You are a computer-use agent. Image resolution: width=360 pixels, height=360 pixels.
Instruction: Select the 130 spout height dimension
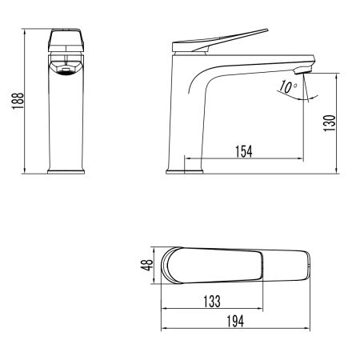329,123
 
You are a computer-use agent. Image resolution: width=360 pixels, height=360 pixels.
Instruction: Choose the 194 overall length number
233,320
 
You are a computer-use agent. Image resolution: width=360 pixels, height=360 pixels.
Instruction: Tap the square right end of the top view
306,265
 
